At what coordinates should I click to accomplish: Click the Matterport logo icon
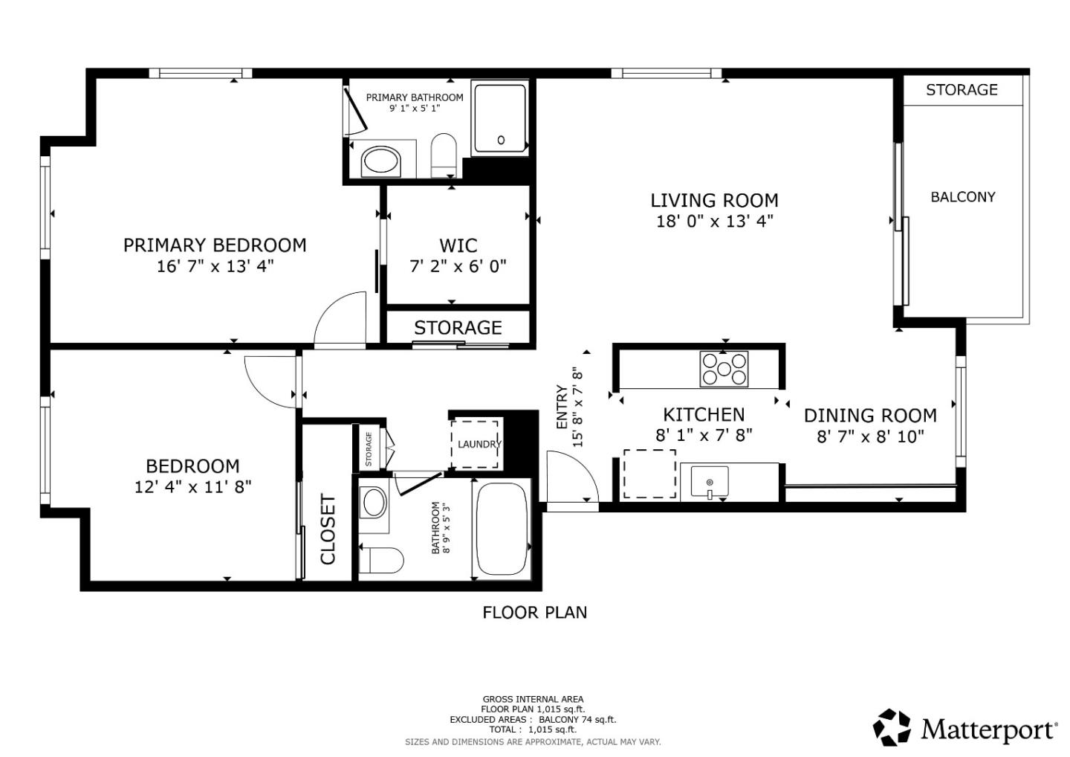[892, 727]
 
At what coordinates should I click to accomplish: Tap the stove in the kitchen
[724, 369]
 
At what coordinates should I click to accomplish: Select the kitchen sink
[710, 482]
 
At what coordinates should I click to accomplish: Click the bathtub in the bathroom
[502, 529]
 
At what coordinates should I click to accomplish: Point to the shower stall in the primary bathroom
[500, 119]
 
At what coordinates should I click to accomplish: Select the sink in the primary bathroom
[380, 161]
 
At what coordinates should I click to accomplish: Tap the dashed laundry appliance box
[476, 444]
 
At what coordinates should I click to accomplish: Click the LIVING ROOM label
[714, 200]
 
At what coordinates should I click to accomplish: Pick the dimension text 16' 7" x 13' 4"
[215, 266]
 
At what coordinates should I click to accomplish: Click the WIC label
[458, 245]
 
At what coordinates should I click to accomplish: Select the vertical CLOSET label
[328, 529]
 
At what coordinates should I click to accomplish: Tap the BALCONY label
[962, 197]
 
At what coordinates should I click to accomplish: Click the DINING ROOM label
[870, 415]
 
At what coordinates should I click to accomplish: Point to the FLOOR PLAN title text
[534, 612]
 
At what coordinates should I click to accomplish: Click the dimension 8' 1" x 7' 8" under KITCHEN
[704, 435]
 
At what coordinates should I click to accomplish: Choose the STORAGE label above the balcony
[962, 90]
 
